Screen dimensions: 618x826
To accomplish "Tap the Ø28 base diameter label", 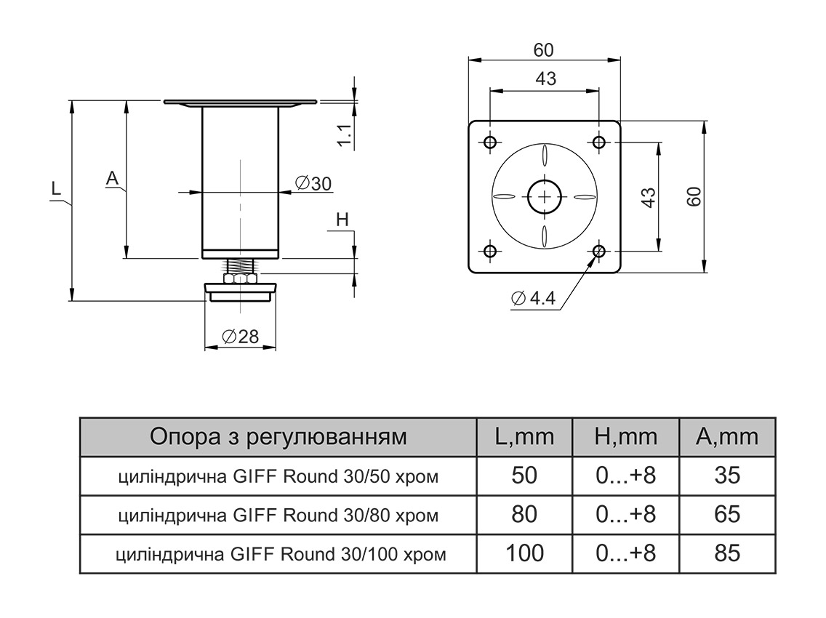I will click(x=239, y=337).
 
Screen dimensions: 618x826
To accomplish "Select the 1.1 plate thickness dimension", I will click(x=346, y=136).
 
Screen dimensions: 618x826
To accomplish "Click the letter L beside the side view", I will click(x=56, y=190).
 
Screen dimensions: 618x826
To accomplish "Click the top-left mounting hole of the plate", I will click(x=490, y=141).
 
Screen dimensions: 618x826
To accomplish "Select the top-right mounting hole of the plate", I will click(x=599, y=141).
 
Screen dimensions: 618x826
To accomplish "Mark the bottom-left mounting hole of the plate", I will click(x=490, y=252).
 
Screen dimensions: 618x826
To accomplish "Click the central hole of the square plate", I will click(x=545, y=196).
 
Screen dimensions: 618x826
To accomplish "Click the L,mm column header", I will click(x=524, y=437).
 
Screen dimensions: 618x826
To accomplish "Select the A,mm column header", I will click(x=726, y=437).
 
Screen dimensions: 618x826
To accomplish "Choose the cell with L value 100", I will click(x=524, y=553).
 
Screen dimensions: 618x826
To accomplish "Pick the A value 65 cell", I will click(x=726, y=514).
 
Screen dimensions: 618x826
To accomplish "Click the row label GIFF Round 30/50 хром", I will click(x=278, y=477).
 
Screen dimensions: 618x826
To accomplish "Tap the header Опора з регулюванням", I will click(x=278, y=437).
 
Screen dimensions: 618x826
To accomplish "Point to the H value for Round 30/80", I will click(x=625, y=514).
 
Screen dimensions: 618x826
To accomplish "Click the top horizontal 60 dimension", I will click(x=543, y=50).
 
